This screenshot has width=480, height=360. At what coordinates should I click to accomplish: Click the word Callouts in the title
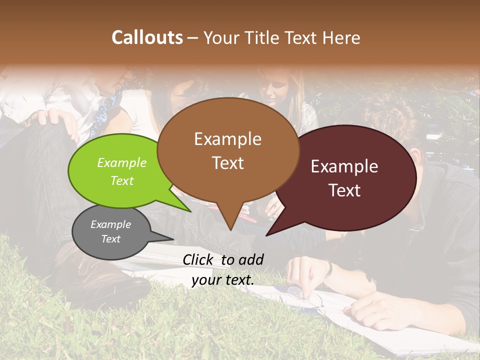(147, 37)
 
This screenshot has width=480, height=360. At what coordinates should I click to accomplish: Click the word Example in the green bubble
(122, 163)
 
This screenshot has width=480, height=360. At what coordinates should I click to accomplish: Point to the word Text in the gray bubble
(111, 239)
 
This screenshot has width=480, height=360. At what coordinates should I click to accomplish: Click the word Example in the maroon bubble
(344, 166)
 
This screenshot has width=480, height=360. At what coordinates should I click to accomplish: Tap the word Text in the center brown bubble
(228, 163)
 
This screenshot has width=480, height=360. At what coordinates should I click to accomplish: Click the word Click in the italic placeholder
(199, 259)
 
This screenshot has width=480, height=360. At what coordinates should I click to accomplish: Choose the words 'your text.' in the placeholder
(223, 280)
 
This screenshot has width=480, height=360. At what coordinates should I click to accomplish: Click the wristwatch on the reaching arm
(328, 268)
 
